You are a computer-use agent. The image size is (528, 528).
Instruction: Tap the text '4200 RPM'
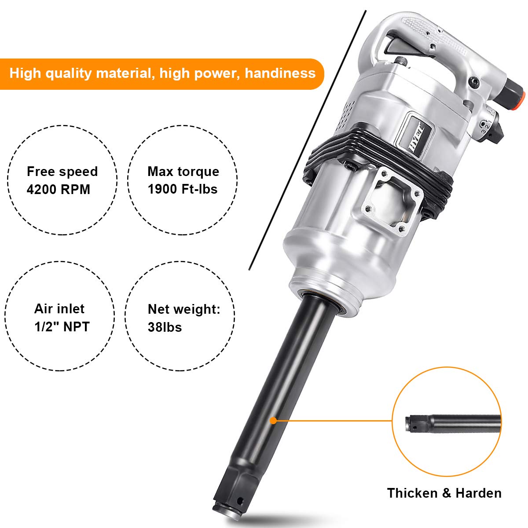58,190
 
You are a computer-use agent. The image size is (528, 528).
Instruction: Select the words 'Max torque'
183,171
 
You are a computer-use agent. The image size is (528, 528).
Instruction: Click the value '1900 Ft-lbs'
183,189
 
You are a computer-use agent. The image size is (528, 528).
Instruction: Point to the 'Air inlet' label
59,308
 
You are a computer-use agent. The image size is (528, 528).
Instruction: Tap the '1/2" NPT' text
62,327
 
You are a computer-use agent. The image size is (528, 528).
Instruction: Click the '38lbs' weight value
165,327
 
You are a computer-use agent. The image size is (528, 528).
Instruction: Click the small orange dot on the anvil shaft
273,421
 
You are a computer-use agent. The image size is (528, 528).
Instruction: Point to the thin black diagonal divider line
308,141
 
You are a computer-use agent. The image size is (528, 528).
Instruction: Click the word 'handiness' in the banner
280,73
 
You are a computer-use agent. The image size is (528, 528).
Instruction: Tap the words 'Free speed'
62,171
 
